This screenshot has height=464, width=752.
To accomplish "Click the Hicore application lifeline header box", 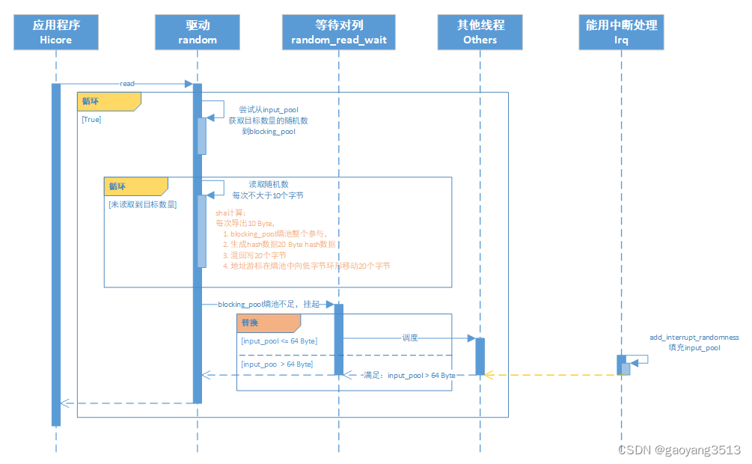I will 56,32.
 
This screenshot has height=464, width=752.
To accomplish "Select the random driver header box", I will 198,32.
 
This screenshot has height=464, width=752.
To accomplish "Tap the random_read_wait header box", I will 339,32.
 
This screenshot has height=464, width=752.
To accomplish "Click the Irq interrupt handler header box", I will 621,32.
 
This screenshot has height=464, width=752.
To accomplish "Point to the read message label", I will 127,84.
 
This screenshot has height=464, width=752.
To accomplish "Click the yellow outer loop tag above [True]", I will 108,101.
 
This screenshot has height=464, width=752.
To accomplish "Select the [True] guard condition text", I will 91,119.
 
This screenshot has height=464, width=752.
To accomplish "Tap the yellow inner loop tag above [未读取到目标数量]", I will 135,186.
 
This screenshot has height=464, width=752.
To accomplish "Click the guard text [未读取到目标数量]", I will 142,204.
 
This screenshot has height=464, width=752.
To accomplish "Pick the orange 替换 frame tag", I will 269,323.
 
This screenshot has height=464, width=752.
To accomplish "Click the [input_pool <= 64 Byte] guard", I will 279,341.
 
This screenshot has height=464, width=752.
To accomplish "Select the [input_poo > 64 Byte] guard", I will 277,364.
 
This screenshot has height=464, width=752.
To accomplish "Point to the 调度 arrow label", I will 409,338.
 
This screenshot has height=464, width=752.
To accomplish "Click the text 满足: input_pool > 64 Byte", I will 409,375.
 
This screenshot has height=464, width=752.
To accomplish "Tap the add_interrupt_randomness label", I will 694,338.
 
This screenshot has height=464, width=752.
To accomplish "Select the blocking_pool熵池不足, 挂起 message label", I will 268,305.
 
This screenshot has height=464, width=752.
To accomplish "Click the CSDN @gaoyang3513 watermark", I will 679,450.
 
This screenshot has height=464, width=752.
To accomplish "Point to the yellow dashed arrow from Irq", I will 554,374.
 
